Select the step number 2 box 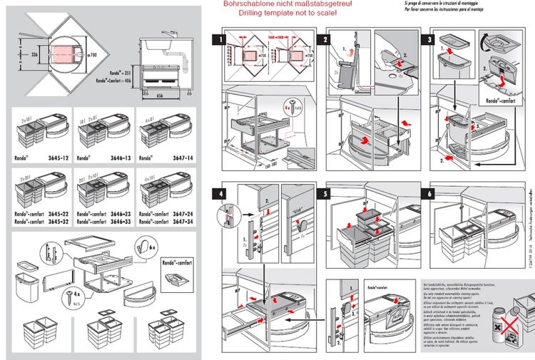(x=326, y=41)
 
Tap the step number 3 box (x=429, y=41)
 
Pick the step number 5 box (x=326, y=193)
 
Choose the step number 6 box (x=429, y=193)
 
